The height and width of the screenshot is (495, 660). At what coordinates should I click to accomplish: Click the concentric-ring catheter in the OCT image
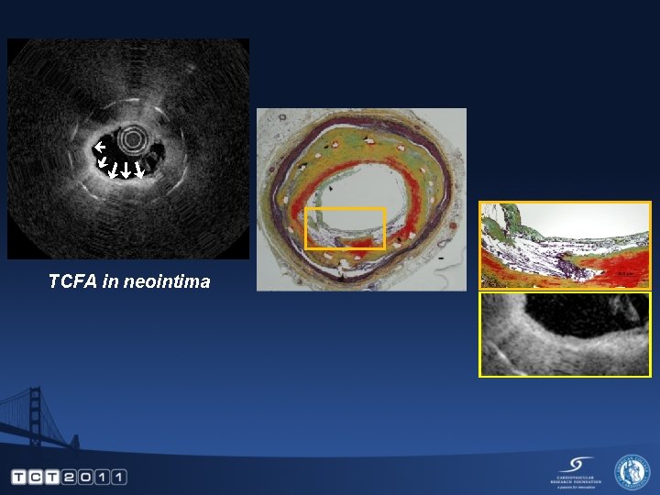[x=136, y=139]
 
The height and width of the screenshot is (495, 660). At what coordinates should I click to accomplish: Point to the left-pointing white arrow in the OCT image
[x=100, y=147]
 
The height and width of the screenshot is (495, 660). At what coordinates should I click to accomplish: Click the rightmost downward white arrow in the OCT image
[x=138, y=169]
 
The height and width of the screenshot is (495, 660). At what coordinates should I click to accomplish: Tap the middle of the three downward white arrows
[x=126, y=169]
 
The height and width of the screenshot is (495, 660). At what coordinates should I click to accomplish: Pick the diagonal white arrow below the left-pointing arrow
[x=103, y=161]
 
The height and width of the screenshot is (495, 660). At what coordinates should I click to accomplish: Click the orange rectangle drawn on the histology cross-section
[x=345, y=228]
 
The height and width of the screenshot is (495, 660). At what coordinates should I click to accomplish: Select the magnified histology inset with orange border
[x=565, y=245]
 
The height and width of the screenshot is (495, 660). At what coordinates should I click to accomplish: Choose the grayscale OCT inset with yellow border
[x=565, y=335]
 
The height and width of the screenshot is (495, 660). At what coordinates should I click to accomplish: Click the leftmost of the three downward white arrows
[x=112, y=169]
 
